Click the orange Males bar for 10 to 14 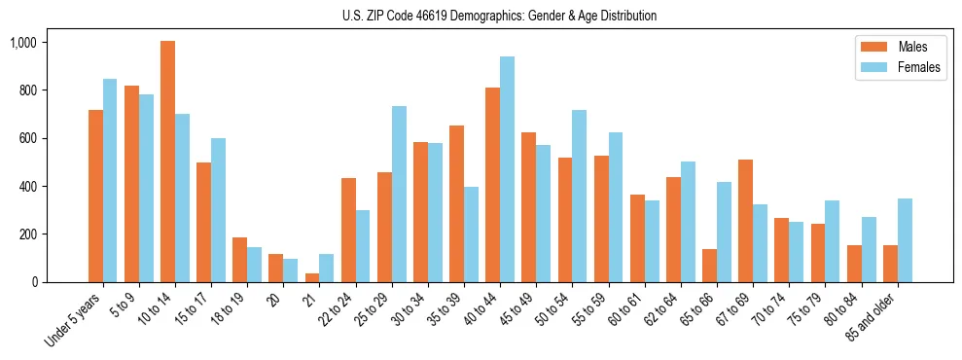168,162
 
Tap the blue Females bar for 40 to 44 507,169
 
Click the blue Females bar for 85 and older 905,240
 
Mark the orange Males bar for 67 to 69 746,221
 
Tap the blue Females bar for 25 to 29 399,194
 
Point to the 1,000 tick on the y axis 22,43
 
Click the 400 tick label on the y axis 26,187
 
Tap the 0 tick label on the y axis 32,282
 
